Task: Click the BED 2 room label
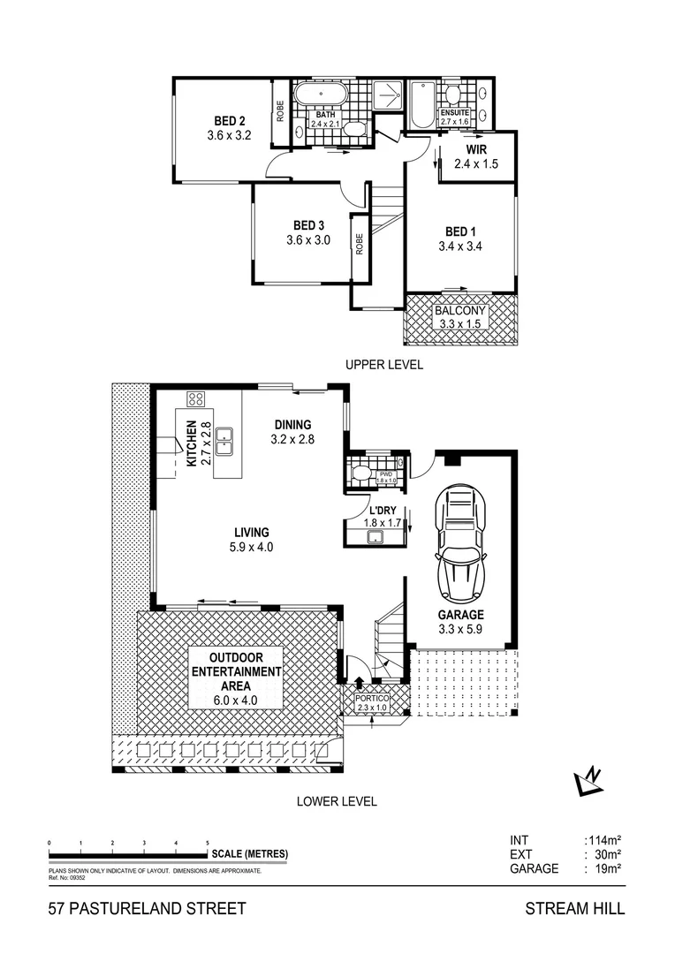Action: pyautogui.click(x=230, y=121)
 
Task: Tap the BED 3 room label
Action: pyautogui.click(x=307, y=225)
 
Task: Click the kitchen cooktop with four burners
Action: pyautogui.click(x=195, y=398)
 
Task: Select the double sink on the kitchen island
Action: pyautogui.click(x=226, y=435)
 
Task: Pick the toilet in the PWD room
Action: pyautogui.click(x=360, y=473)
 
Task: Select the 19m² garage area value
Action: pyautogui.click(x=605, y=868)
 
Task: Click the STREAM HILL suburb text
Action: pyautogui.click(x=574, y=908)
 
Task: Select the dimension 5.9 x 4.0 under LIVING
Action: pyautogui.click(x=252, y=547)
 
